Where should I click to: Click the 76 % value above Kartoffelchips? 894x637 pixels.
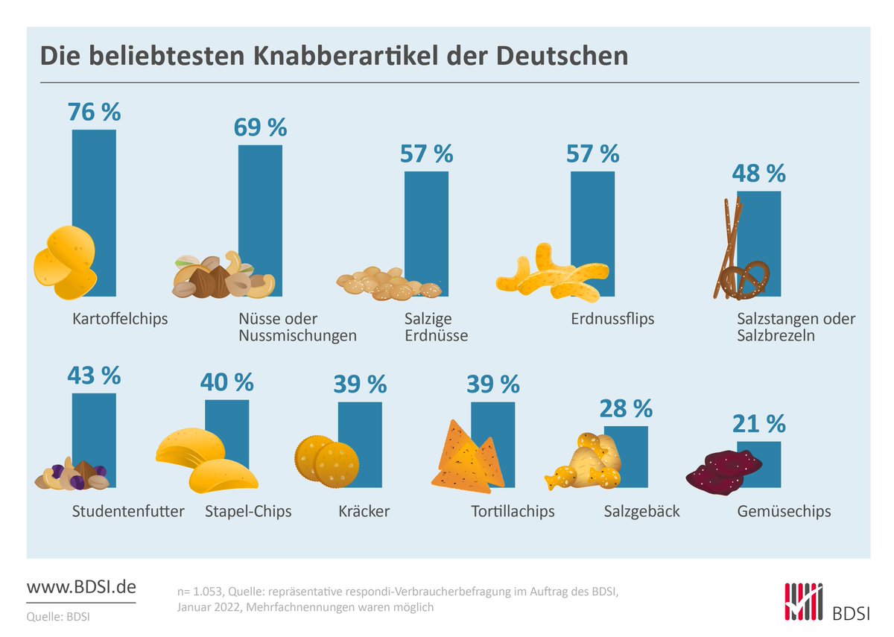tap(94, 112)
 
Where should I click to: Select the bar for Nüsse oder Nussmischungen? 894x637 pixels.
tap(260, 201)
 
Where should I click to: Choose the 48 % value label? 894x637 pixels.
tap(758, 174)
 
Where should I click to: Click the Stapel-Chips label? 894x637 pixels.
tap(248, 512)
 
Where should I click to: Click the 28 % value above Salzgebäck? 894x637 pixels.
tap(626, 408)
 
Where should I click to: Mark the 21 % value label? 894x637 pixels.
tap(758, 424)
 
